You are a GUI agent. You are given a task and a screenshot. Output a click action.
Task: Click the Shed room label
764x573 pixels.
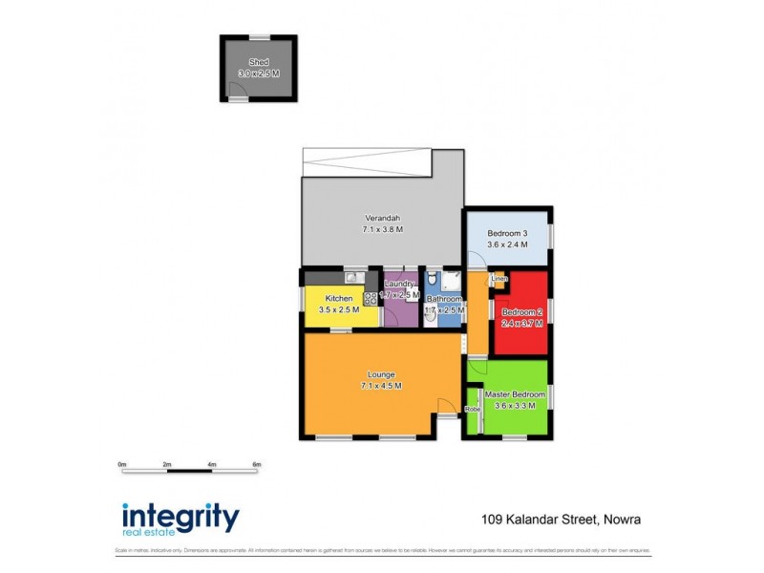pos(259,61)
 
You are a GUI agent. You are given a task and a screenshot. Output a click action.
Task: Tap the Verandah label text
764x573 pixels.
pos(382,217)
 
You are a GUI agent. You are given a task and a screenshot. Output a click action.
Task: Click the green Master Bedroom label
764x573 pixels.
pos(515,394)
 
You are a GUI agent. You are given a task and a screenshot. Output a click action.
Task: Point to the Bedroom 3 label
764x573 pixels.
pos(507,233)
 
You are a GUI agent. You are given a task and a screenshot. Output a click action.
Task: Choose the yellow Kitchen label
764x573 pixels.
pos(340,298)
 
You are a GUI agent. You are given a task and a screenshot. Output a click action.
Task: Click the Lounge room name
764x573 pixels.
pos(381,374)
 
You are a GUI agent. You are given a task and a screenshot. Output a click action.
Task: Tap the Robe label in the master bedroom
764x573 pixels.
pos(472,409)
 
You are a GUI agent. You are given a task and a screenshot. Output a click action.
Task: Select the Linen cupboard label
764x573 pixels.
pos(499,279)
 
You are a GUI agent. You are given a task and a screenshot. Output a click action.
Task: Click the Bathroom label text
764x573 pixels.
pos(445,298)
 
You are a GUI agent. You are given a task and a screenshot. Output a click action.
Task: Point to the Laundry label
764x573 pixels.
pos(399,284)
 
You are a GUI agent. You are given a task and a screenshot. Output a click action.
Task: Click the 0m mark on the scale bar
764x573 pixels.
pos(122,464)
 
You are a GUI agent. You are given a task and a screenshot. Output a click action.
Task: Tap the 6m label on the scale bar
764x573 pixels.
pos(256,464)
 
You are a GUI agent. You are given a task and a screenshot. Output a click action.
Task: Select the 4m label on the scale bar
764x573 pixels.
pos(212,464)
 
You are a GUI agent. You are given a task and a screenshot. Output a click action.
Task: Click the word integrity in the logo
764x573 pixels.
pos(180,517)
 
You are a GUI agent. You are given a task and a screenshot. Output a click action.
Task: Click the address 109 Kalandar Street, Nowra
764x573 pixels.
pos(561,520)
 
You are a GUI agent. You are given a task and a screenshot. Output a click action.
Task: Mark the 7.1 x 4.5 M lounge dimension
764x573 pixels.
pos(381,386)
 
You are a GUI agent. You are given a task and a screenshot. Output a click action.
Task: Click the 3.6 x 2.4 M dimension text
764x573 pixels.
pos(507,244)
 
